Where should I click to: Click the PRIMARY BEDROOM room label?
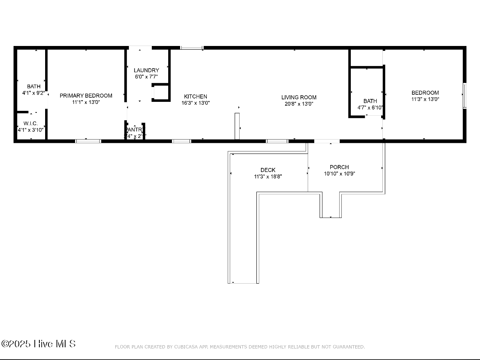pyautogui.click(x=86, y=96)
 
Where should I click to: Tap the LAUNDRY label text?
pyautogui.click(x=146, y=70)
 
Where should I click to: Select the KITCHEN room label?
pyautogui.click(x=195, y=97)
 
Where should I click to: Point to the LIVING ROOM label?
pyautogui.click(x=299, y=97)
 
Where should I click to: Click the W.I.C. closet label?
pyautogui.click(x=30, y=124)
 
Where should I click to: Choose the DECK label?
pyautogui.click(x=268, y=170)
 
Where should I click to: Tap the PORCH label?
pyautogui.click(x=339, y=167)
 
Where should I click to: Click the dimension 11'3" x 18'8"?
pyautogui.click(x=268, y=177)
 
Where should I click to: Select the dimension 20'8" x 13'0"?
pyautogui.click(x=299, y=104)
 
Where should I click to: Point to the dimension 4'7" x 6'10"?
pyautogui.click(x=370, y=108)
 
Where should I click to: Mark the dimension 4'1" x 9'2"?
pyautogui.click(x=34, y=93)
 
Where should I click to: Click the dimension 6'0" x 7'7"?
pyautogui.click(x=146, y=77)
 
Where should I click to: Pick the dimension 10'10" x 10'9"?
pyautogui.click(x=339, y=174)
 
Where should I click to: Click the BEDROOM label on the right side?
pyautogui.click(x=425, y=93)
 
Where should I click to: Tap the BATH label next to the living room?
pyautogui.click(x=370, y=101)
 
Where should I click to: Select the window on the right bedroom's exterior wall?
pyautogui.click(x=465, y=96)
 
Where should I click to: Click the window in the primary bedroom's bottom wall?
pyautogui.click(x=88, y=141)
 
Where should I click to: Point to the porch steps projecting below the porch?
pyautogui.click(x=331, y=205)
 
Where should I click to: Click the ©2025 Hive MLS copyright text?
pyautogui.click(x=39, y=344)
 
